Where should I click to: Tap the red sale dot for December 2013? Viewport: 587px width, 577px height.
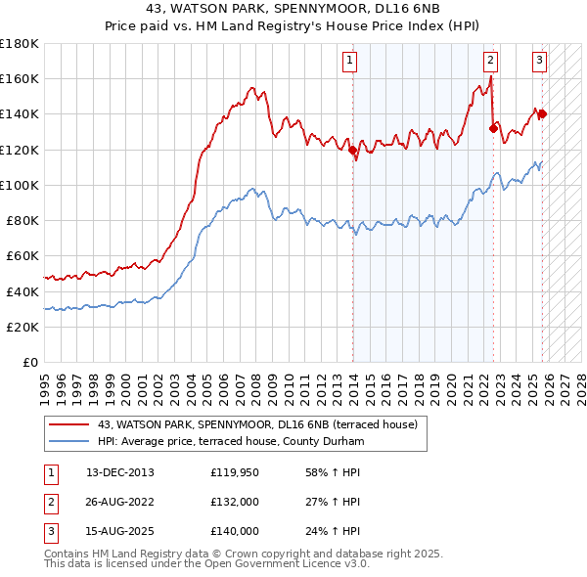353,151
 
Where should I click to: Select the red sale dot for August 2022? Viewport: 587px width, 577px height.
494,128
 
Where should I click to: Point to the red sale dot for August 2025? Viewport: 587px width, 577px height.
542,113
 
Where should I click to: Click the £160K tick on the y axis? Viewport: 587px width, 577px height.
20,79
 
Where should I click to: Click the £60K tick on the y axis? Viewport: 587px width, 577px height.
23,256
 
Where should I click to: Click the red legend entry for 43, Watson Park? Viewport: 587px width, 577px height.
258,424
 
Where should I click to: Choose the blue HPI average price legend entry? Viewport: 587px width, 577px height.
231,442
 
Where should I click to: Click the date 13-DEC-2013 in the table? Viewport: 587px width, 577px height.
119,472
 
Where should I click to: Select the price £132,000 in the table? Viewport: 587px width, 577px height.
235,502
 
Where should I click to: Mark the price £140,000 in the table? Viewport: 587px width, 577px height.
235,531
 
